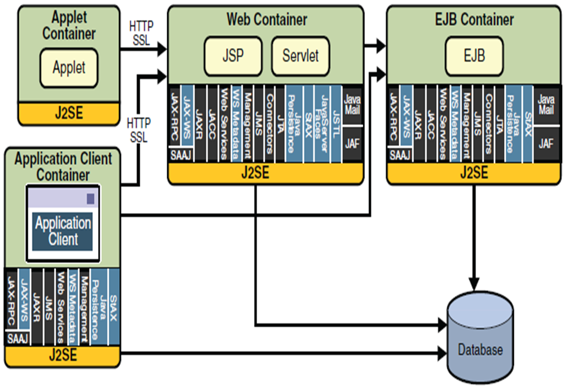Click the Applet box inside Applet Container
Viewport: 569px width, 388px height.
pos(69,68)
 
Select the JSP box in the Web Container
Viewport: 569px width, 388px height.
pos(233,56)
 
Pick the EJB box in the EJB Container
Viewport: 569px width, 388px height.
pos(474,56)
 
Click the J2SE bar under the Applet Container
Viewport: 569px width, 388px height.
pos(69,113)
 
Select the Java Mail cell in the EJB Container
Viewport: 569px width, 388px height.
pos(545,105)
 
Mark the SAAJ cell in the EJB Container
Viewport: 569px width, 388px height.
pos(400,156)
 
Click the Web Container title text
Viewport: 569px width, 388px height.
pos(267,20)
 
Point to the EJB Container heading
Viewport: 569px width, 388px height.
pos(474,20)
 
